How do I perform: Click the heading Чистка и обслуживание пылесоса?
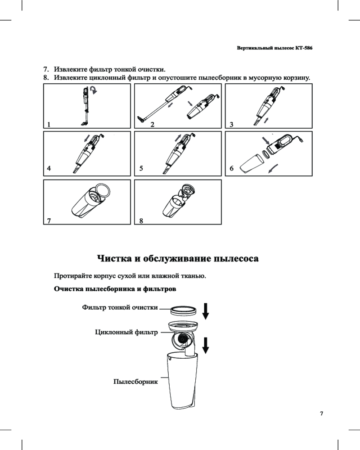[178, 259]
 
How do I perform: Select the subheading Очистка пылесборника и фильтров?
[115, 288]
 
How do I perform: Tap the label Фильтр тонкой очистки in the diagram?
[120, 308]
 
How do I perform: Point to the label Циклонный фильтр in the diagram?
[126, 333]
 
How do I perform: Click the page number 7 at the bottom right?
[321, 414]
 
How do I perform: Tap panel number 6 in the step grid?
[231, 169]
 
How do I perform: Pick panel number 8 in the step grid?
[141, 221]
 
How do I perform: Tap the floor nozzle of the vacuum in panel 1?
[84, 122]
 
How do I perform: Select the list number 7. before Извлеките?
[46, 70]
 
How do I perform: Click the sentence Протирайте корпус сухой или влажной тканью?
[130, 275]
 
